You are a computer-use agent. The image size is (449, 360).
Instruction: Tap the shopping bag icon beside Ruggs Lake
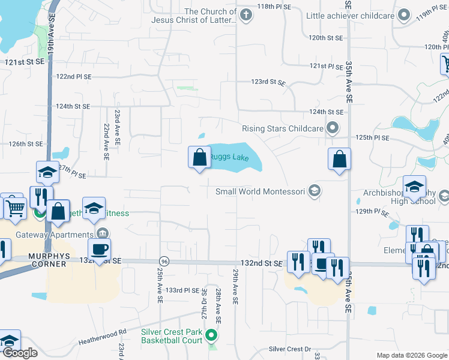[x=200, y=158]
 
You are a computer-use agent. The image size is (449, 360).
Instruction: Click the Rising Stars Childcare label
[x=282, y=128]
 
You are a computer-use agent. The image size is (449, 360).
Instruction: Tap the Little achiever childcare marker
[x=405, y=15]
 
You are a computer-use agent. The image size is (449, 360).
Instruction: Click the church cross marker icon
[x=245, y=14]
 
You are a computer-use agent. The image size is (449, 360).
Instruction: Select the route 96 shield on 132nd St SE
[x=163, y=262]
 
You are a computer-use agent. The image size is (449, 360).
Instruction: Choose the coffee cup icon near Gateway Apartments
[x=99, y=248]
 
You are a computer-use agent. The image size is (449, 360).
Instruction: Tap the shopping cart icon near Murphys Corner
[x=15, y=208]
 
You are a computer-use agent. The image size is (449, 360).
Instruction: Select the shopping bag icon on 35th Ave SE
[x=339, y=159]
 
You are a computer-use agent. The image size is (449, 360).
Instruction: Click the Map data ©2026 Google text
[x=412, y=355]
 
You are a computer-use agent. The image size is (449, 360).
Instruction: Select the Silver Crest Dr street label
[x=289, y=349]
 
